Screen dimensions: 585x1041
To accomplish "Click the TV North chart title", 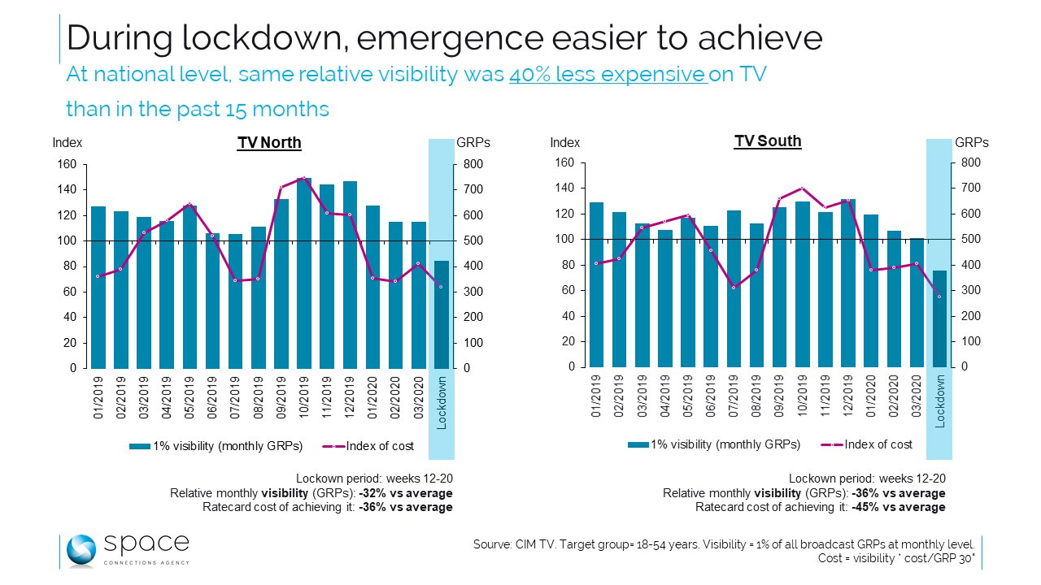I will (269, 143).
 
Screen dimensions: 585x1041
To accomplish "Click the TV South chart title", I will (768, 141).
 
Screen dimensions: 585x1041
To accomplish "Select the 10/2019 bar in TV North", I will (304, 272).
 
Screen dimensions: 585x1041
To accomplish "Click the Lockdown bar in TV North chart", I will (441, 314).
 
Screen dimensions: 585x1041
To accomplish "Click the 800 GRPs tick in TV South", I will (970, 162).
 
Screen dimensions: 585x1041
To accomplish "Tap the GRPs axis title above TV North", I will (473, 143).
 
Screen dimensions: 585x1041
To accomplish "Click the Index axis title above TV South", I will (565, 143).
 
